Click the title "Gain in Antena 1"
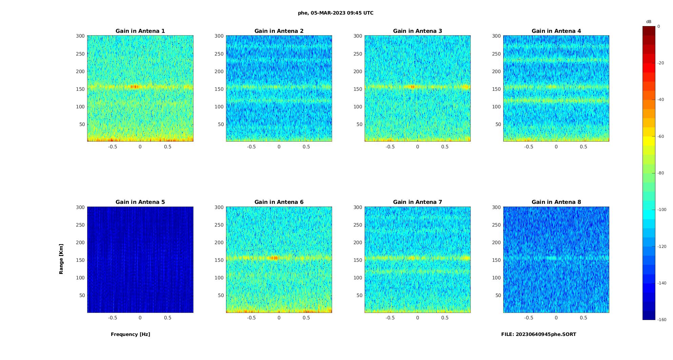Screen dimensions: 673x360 (140, 31)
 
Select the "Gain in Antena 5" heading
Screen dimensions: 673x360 (140, 202)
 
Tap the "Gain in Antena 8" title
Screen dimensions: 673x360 (556, 202)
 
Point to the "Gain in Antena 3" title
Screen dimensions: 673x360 (417, 31)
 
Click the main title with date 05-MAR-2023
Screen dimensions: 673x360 (335, 13)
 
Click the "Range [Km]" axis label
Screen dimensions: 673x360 (61, 259)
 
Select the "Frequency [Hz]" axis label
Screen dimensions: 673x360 (130, 334)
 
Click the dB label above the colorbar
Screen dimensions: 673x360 (649, 22)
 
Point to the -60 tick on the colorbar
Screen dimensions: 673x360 (661, 136)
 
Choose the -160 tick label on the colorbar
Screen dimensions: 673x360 (662, 320)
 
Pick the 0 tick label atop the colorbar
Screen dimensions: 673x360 (659, 26)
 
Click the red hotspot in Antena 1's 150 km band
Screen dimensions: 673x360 (135, 87)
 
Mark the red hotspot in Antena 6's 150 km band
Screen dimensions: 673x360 (273, 258)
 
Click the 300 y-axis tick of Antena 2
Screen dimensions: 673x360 (219, 36)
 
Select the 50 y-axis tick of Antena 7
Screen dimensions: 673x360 (359, 295)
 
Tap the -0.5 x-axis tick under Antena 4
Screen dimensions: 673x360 (529, 147)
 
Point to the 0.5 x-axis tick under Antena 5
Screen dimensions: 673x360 (168, 318)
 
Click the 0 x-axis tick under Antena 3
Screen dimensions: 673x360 (417, 147)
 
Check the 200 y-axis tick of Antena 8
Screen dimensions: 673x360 (496, 242)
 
